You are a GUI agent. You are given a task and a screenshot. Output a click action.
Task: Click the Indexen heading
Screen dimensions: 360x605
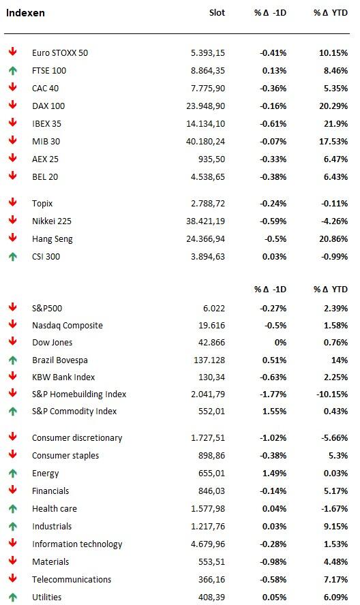[x=25, y=13]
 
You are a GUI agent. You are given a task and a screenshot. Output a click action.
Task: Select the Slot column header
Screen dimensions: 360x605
[x=217, y=13]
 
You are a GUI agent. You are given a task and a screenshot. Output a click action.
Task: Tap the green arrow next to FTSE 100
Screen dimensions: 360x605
[x=13, y=71]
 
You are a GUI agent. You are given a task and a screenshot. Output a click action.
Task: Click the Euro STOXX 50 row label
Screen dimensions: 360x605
[x=60, y=53]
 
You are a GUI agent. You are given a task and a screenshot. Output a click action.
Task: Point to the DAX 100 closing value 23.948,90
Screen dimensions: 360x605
[x=205, y=106]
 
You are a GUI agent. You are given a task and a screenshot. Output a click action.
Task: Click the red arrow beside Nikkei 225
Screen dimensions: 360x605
[x=13, y=220]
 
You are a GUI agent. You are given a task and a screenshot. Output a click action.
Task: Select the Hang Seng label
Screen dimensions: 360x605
[x=52, y=239]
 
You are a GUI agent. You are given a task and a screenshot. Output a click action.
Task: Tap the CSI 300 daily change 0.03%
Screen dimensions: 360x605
[x=274, y=257]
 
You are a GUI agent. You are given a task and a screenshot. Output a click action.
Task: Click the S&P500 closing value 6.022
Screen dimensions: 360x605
[x=214, y=308]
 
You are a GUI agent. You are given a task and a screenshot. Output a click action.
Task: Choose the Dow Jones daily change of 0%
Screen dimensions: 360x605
[x=280, y=342]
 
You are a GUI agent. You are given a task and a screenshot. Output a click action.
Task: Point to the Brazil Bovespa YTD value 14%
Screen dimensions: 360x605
[x=340, y=360]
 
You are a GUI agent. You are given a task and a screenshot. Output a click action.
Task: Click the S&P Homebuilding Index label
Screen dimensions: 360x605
[x=79, y=394]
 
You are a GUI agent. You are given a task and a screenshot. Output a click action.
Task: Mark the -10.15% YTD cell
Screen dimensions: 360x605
[x=332, y=394]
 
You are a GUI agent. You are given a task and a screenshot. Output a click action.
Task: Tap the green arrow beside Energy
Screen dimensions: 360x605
[x=13, y=473]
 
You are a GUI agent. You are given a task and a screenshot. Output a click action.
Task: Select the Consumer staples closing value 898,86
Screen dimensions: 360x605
[x=211, y=455]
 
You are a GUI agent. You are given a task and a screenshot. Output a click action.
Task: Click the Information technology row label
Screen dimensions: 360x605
[x=77, y=544]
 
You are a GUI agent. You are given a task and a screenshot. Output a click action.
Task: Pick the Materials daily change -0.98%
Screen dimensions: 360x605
[x=273, y=562]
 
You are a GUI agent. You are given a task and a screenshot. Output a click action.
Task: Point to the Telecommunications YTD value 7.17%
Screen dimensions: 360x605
[x=335, y=580]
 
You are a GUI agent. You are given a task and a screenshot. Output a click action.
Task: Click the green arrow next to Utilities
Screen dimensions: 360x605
[x=13, y=598]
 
